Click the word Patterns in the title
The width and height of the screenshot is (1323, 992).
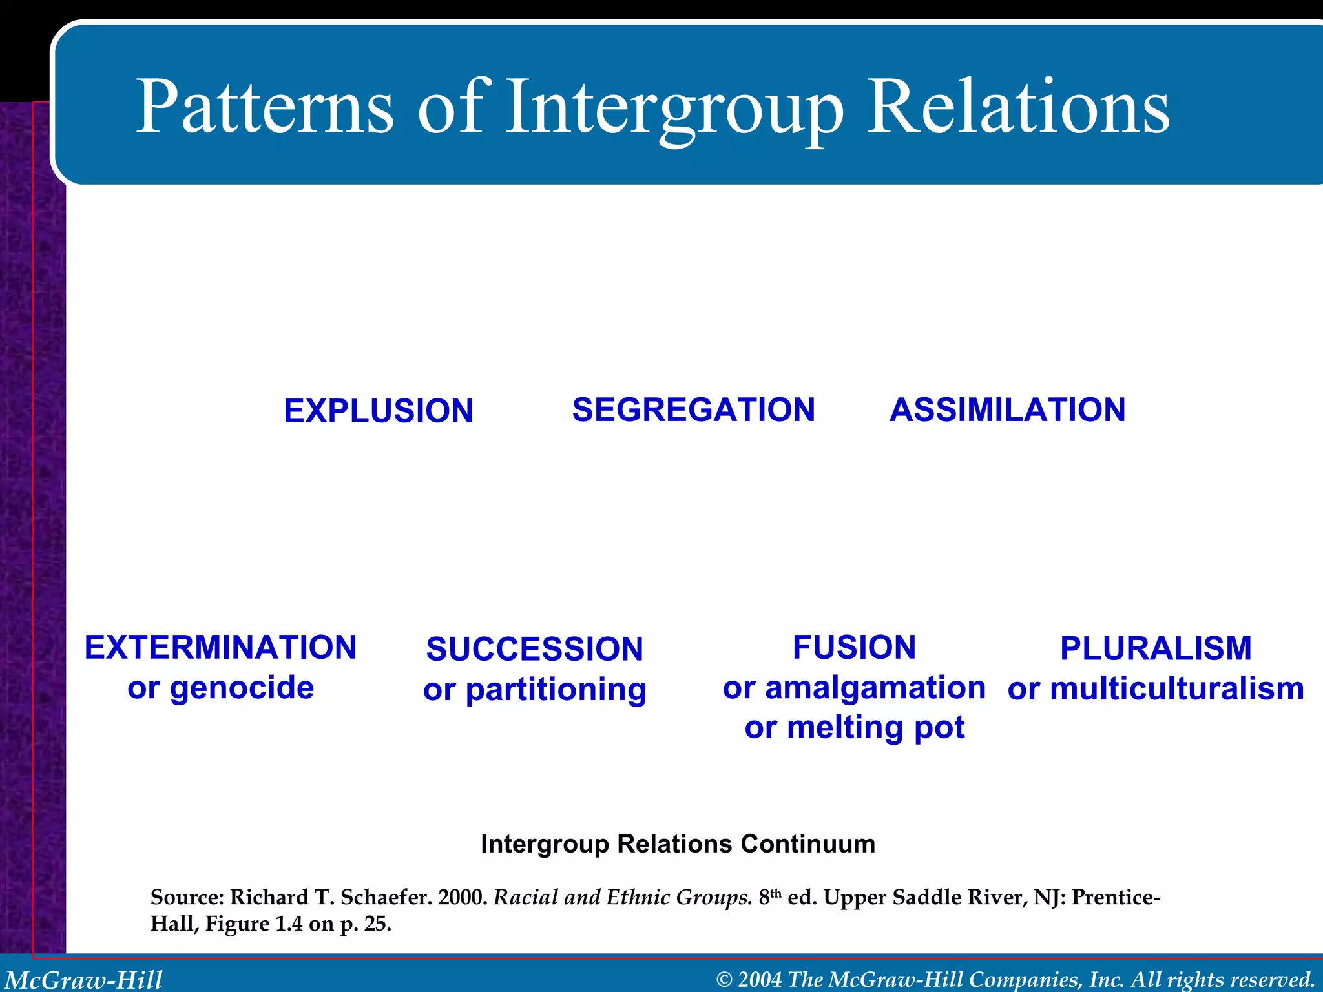tap(265, 107)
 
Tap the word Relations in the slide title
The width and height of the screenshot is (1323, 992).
tap(1017, 107)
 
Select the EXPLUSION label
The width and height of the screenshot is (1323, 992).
tap(379, 411)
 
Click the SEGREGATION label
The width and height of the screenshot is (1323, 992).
tap(693, 410)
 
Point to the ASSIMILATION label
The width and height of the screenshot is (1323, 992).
tap(1007, 410)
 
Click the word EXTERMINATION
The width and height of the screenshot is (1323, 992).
tap(220, 648)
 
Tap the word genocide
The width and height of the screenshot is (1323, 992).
tap(242, 688)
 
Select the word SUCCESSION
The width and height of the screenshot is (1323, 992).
tap(534, 649)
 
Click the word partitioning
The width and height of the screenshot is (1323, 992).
tap(556, 690)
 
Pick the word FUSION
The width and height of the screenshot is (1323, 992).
tap(854, 648)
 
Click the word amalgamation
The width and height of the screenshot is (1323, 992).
tap(875, 688)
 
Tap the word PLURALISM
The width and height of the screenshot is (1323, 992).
tap(1156, 648)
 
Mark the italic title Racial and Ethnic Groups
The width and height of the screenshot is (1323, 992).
tap(622, 897)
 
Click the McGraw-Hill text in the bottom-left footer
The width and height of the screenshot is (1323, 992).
tap(84, 980)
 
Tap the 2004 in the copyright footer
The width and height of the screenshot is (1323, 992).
tap(760, 980)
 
